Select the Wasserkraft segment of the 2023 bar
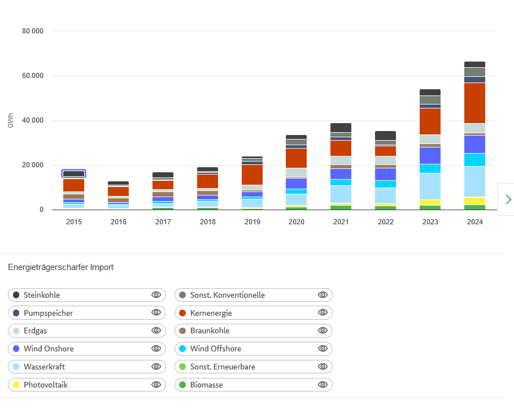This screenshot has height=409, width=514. click(x=430, y=186)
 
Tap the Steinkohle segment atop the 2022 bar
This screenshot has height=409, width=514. click(x=386, y=135)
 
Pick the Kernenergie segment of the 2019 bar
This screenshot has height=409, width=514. click(x=252, y=175)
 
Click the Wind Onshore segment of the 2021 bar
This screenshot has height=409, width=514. click(x=341, y=174)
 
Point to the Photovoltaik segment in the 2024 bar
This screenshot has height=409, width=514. click(x=474, y=201)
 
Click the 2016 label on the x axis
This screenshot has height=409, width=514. click(x=118, y=222)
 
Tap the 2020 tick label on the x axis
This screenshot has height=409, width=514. click(x=297, y=222)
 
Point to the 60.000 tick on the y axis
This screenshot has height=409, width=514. click(x=33, y=76)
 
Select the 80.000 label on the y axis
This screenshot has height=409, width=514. click(x=33, y=31)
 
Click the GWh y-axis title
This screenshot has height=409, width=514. click(x=11, y=120)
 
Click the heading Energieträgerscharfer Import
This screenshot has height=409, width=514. click(x=61, y=267)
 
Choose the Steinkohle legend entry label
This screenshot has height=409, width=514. click(x=42, y=295)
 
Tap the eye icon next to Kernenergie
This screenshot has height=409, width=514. click(x=323, y=312)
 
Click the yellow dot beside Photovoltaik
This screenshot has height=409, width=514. click(x=16, y=385)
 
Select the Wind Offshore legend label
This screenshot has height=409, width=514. click(x=215, y=349)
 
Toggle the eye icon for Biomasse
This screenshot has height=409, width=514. click(x=323, y=385)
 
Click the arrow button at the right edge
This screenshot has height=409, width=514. click(x=508, y=199)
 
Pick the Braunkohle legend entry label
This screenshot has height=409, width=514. click(x=210, y=330)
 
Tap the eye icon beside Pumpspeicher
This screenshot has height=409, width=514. click(x=156, y=312)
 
